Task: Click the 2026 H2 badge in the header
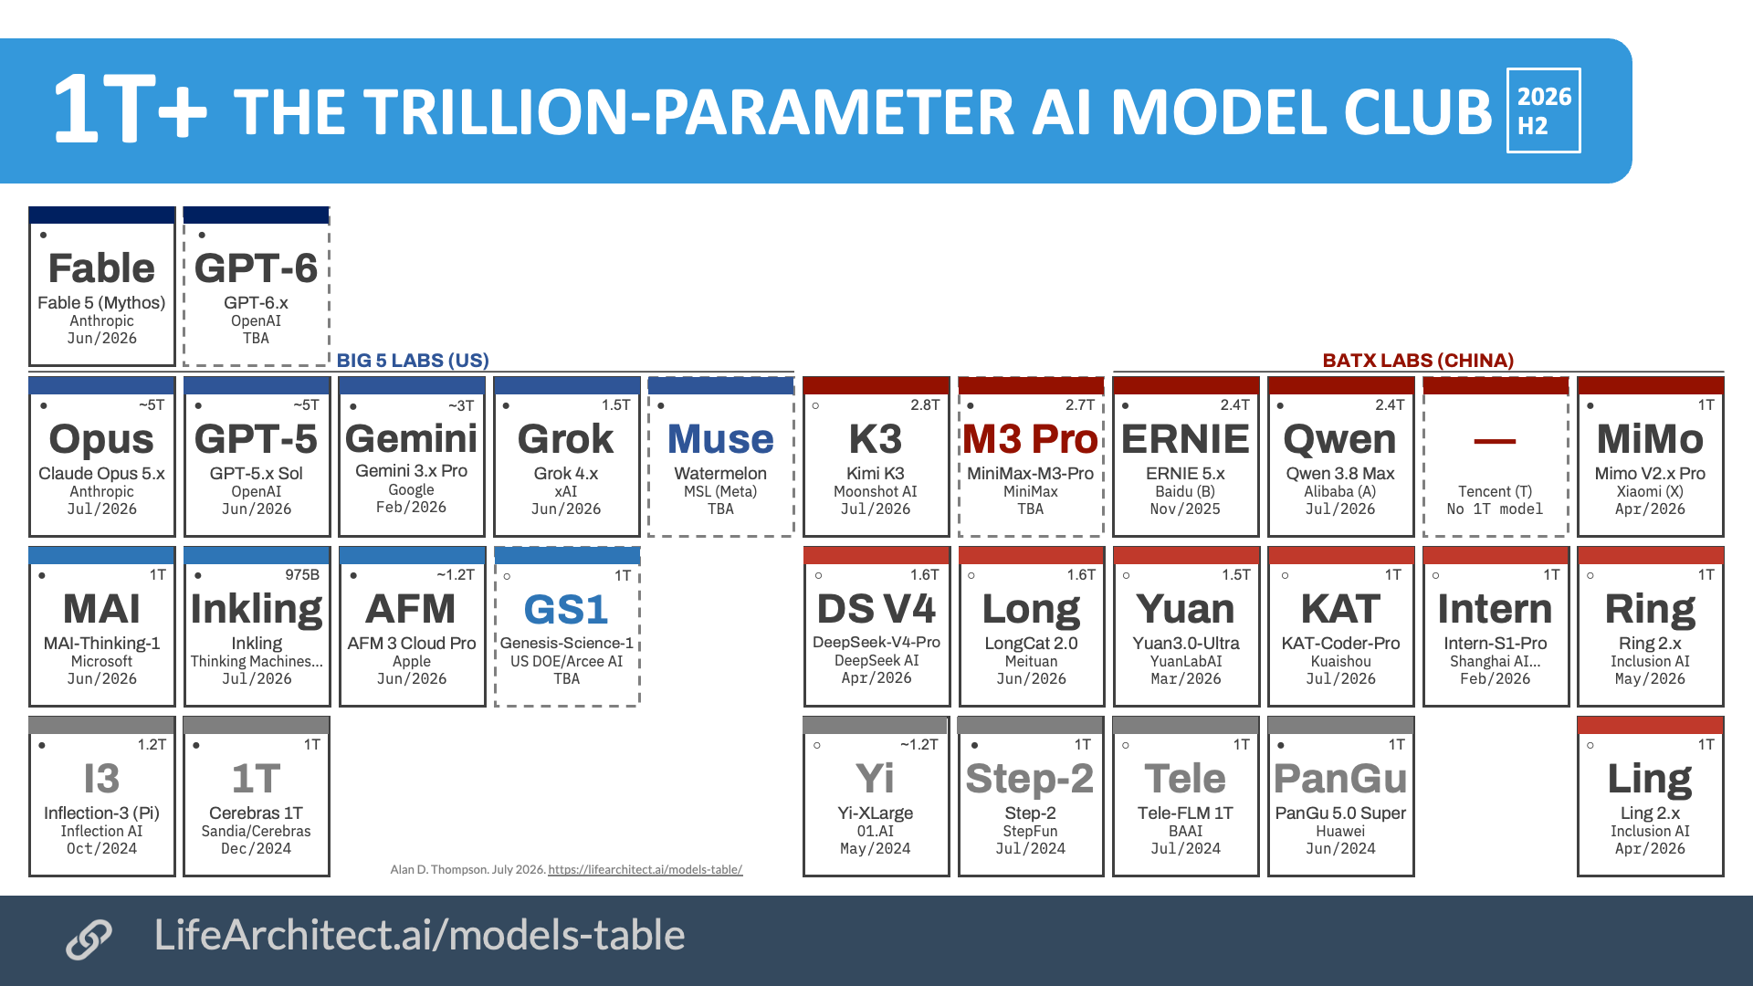1543,110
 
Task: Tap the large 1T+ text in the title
131,110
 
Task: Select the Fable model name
101,268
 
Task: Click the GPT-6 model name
256,268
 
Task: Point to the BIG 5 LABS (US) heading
413,361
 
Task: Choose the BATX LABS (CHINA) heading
1418,361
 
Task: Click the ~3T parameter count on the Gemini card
461,405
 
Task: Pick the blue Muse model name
720,439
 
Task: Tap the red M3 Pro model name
1030,439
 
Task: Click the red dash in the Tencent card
1495,441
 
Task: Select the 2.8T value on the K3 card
925,405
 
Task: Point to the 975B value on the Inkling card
302,575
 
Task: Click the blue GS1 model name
566,610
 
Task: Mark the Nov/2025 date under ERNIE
1185,509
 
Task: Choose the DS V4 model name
876,609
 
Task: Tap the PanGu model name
1340,779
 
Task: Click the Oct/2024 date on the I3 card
101,849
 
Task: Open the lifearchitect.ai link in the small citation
646,870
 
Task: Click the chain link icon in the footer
89,939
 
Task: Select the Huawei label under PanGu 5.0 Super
1340,832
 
